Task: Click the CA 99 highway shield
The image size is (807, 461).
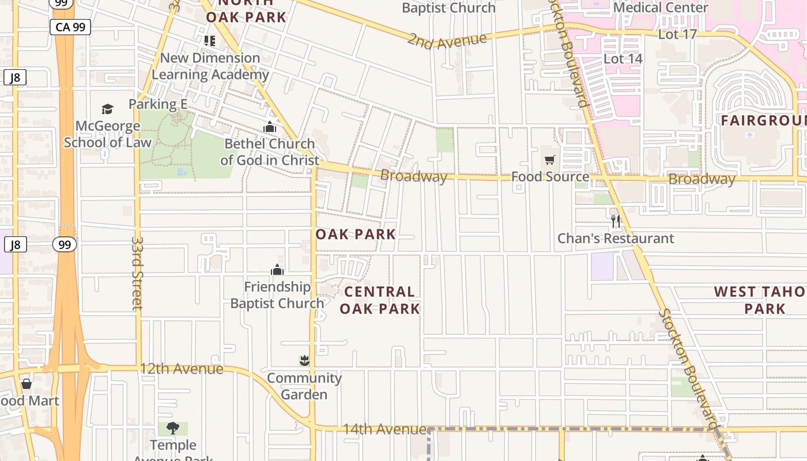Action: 70,27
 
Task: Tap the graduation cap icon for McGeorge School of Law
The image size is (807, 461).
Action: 107,109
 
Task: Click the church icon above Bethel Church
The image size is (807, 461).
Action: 270,127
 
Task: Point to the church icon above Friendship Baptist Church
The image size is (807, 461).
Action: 277,270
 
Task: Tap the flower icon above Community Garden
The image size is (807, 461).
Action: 304,361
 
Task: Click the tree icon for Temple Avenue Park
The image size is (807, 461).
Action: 172,428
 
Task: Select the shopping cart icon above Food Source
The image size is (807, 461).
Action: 550,160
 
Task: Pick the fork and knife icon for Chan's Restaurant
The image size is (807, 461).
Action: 616,221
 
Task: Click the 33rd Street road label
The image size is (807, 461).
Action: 137,272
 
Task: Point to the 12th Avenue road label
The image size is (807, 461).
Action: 181,368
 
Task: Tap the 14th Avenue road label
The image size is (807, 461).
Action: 384,429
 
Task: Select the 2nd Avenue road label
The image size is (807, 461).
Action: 447,41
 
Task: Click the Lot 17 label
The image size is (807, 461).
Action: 677,34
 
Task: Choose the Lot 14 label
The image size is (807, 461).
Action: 623,59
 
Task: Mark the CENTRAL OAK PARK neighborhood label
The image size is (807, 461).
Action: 379,300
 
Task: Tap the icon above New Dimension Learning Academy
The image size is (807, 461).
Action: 209,41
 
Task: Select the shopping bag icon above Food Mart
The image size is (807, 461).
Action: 27,384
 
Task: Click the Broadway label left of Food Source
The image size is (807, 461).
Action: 413,176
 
